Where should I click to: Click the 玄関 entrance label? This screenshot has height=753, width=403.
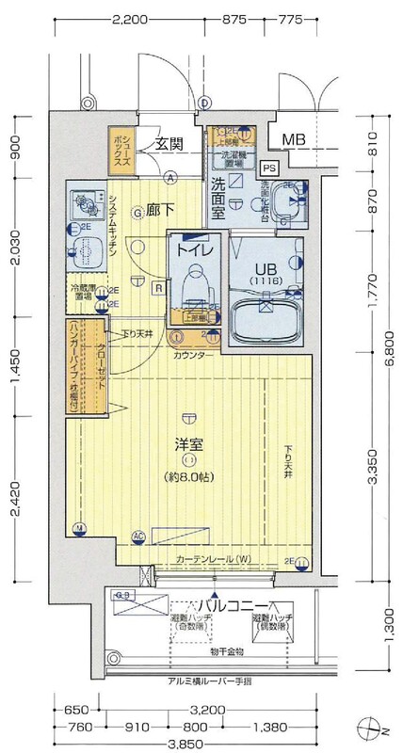pos(169,144)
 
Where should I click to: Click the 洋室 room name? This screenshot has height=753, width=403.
pos(189,442)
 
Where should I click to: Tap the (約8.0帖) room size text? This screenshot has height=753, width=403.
pos(190,477)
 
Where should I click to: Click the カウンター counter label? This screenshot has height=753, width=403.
pos(192,354)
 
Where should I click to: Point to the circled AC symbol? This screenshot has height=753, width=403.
pos(137,537)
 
